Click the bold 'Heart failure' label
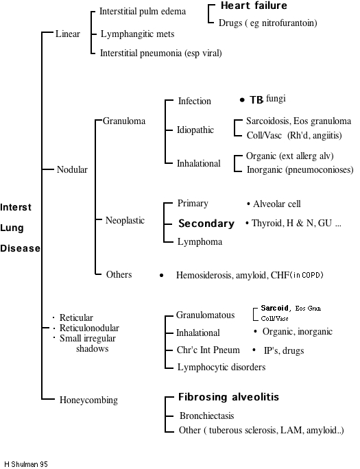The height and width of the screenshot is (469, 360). (x=253, y=6)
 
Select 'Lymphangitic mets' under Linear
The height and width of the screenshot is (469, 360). (x=137, y=34)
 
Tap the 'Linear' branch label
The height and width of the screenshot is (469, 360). (x=67, y=34)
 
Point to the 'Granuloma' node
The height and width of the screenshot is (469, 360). (x=124, y=121)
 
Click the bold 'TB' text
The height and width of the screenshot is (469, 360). (x=256, y=100)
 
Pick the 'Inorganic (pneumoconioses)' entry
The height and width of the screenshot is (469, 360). (x=300, y=169)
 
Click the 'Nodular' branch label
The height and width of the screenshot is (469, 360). (x=72, y=169)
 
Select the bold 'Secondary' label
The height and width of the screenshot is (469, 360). (x=206, y=224)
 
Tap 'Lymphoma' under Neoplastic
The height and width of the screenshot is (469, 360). (x=200, y=241)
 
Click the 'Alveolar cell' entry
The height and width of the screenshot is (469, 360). (x=276, y=204)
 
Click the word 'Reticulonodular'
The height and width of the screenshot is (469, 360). (x=89, y=328)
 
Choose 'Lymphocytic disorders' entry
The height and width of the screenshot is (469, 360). (x=221, y=367)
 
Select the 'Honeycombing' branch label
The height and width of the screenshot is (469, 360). (x=88, y=400)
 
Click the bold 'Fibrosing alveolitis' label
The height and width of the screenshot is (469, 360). (x=228, y=398)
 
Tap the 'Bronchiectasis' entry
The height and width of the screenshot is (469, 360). (x=206, y=416)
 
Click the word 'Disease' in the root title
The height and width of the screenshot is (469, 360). (x=20, y=248)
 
